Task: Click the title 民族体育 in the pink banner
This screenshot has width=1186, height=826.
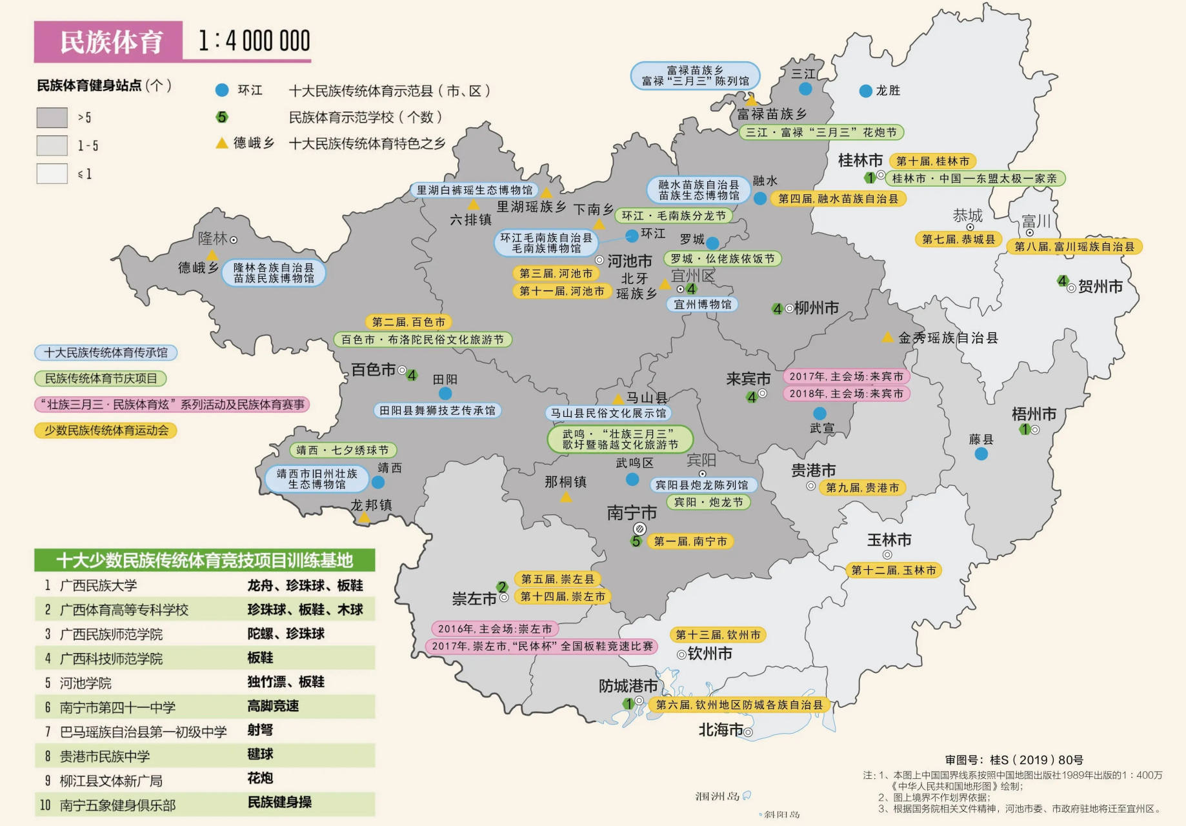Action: click(x=110, y=42)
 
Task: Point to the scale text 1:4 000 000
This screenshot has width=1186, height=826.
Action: click(x=254, y=41)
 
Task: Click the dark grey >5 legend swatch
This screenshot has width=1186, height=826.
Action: click(x=52, y=117)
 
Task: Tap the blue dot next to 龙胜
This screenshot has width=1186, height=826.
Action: click(x=866, y=91)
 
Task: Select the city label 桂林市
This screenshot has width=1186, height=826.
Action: click(x=859, y=160)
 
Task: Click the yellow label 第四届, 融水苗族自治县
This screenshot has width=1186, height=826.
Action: click(x=838, y=199)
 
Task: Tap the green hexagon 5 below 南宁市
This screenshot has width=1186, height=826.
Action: click(x=636, y=541)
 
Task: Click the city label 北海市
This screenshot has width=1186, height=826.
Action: click(x=720, y=730)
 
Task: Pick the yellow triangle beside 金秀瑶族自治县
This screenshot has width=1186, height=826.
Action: click(x=888, y=337)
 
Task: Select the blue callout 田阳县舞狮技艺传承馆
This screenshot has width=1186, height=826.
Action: click(x=437, y=410)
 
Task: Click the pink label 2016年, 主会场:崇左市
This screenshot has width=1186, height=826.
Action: click(x=494, y=629)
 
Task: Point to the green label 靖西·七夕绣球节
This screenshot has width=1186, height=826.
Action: click(x=343, y=450)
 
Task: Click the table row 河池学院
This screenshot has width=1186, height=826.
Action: click(x=85, y=683)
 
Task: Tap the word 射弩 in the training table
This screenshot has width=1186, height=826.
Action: click(x=260, y=730)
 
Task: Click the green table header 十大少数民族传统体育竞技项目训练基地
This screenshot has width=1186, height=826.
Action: click(x=204, y=560)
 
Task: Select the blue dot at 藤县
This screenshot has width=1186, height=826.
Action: click(x=981, y=454)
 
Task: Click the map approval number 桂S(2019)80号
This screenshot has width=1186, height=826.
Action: click(x=1014, y=760)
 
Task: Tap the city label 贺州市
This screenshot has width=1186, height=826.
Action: click(x=1100, y=287)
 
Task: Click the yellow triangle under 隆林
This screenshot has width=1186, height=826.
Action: click(x=212, y=256)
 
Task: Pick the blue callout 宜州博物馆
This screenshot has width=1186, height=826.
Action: click(x=702, y=304)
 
